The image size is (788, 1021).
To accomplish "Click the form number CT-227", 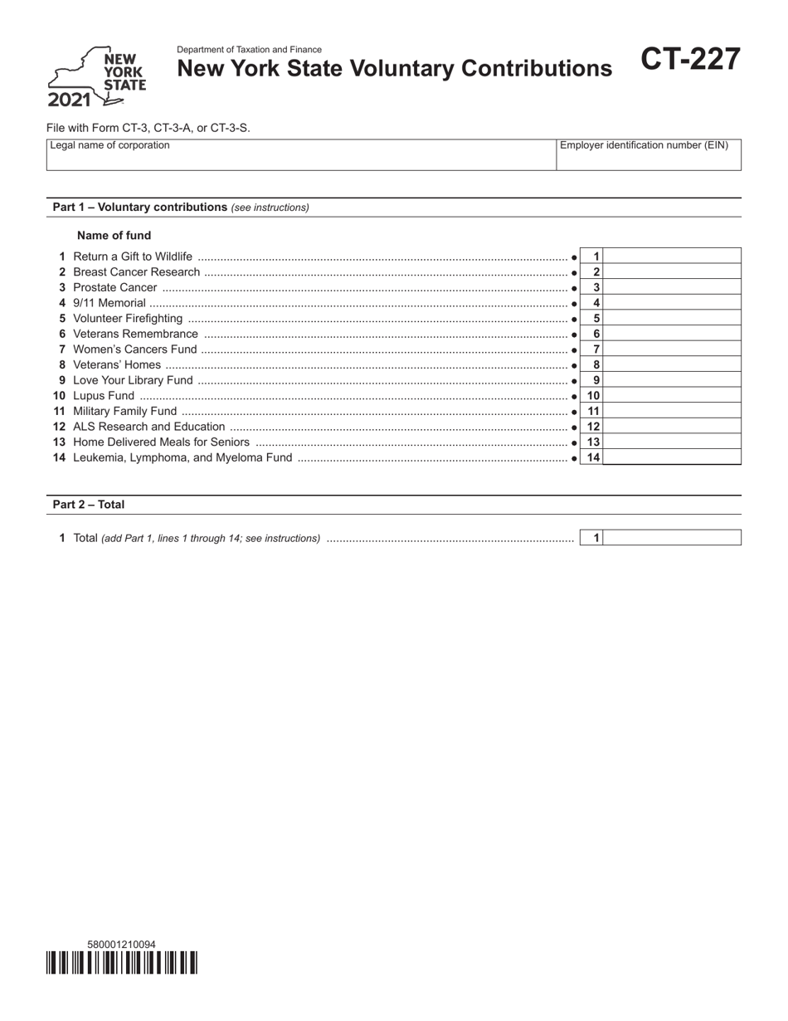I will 689,61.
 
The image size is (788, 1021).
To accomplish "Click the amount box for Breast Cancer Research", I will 672,272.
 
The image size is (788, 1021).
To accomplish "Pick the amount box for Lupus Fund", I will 672,396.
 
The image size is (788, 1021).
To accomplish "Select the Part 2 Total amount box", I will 672,538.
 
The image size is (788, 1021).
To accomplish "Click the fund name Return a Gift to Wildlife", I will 133,256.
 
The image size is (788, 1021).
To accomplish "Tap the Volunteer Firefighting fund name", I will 128,319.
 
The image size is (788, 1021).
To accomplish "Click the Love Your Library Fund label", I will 133,380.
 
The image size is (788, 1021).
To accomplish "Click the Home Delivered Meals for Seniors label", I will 161,442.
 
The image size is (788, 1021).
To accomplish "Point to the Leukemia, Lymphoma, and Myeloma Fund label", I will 182,457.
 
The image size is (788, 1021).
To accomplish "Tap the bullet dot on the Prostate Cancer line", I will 575,288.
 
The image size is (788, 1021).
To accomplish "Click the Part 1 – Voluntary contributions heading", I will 139,207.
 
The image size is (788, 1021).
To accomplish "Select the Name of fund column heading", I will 114,235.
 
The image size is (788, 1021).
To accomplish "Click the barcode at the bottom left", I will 122,963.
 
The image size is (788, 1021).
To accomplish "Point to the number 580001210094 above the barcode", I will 121,944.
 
